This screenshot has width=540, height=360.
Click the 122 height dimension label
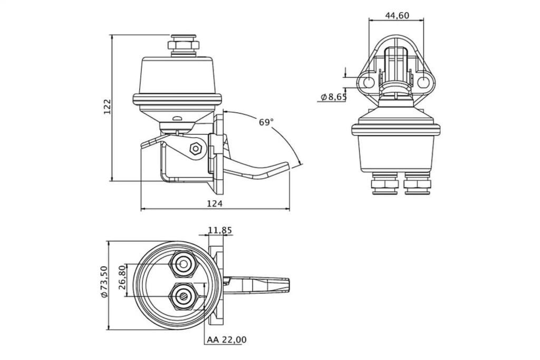107,107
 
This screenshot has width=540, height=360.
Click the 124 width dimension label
215,203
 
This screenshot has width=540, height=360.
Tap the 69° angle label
266,122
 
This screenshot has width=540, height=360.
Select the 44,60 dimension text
397,15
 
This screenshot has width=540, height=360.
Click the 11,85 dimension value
220,230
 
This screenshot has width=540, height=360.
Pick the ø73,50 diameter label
104,282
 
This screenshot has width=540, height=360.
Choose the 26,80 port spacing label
121,278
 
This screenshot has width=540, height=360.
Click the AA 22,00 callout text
227,340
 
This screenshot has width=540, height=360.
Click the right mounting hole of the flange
424,82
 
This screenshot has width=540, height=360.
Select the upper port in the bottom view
184,264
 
